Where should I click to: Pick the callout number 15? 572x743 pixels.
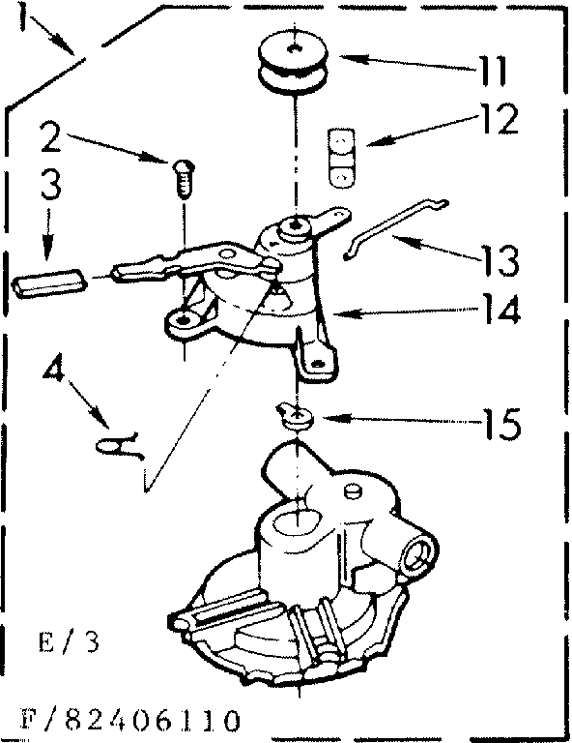tap(500, 423)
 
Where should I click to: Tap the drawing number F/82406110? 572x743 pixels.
tap(126, 721)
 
